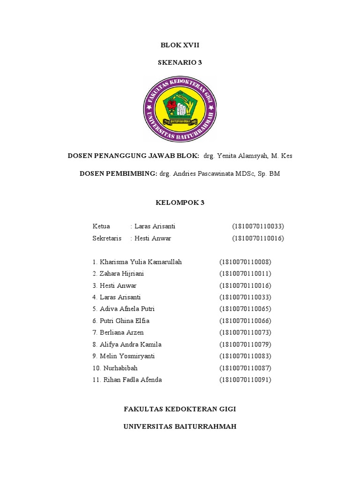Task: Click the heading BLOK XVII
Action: pos(180,45)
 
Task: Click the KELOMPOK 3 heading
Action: pos(180,203)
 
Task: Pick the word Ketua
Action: pos(101,226)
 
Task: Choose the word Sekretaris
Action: pos(107,239)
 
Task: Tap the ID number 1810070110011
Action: pos(245,274)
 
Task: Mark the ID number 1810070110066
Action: pos(245,321)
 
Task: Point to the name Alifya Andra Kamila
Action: pos(130,345)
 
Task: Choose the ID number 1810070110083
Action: pos(245,356)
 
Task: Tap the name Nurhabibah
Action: pos(119,368)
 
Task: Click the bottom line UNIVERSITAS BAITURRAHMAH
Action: pos(180,427)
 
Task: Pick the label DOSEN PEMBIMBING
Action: pos(118,174)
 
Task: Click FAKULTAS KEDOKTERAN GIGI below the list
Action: pos(180,409)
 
